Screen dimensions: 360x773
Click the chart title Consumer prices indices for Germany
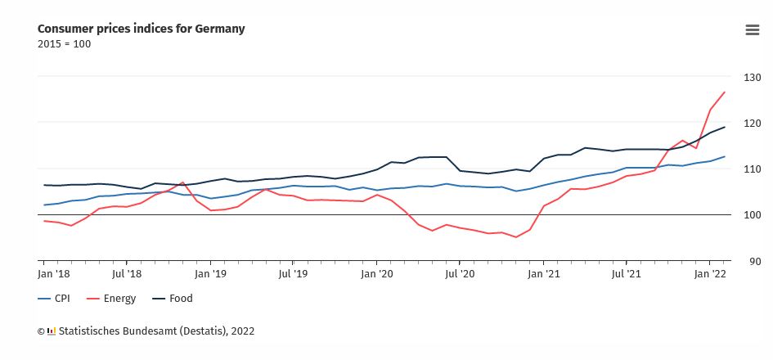[142, 29]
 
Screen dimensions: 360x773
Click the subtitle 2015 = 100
[65, 44]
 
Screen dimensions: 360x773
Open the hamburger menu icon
[753, 30]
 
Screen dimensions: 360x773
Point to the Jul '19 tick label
[293, 275]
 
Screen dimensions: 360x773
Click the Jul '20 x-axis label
[461, 275]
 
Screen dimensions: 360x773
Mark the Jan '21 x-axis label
[544, 275]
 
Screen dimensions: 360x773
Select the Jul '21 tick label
[627, 275]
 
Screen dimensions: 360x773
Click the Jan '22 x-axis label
[711, 275]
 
